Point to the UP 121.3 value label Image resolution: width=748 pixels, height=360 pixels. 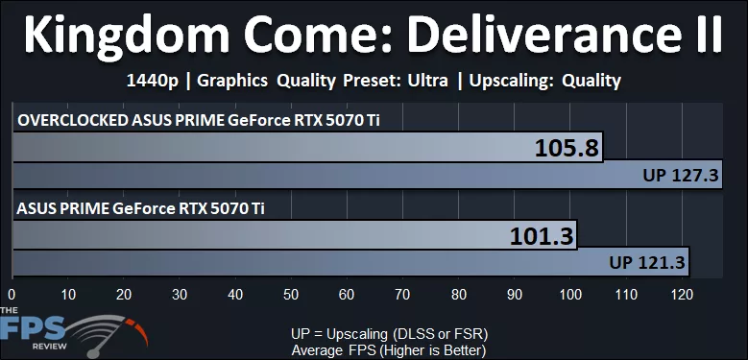647,262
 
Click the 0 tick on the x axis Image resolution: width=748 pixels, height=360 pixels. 12,295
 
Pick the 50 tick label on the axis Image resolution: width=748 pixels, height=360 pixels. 291,295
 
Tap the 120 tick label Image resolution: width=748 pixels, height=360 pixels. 682,295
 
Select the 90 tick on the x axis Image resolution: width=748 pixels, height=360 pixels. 515,295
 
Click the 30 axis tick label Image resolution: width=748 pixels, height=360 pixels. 180,295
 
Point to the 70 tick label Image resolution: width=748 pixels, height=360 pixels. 403,295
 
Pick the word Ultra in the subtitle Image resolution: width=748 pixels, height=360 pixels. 426,81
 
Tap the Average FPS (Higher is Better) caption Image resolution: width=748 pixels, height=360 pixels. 389,348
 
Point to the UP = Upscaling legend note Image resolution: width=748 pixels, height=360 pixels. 389,332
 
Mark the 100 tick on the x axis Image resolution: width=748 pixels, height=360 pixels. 570,295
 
